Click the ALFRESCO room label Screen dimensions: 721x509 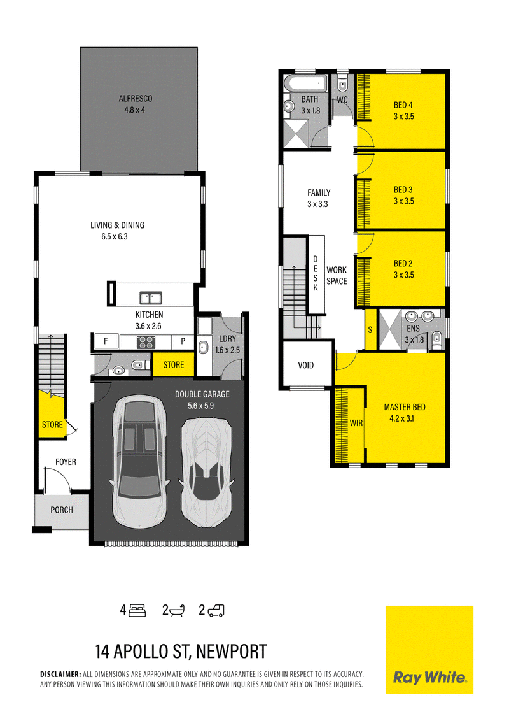[x=136, y=99]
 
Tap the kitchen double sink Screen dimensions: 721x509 [x=151, y=298]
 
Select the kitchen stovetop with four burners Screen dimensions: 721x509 [x=146, y=342]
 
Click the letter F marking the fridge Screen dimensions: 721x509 [x=106, y=341]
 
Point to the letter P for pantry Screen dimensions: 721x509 [x=183, y=341]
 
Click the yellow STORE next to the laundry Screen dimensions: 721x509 [x=174, y=365]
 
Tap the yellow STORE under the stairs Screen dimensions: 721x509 [x=52, y=424]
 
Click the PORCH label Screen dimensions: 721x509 [x=62, y=510]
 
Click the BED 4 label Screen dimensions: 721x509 [x=403, y=105]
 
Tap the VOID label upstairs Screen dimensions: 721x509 [x=306, y=366]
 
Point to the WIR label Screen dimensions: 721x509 [x=356, y=423]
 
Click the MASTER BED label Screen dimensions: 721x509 [x=405, y=407]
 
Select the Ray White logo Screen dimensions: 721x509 [x=430, y=649]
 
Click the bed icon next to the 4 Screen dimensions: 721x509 [x=137, y=610]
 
